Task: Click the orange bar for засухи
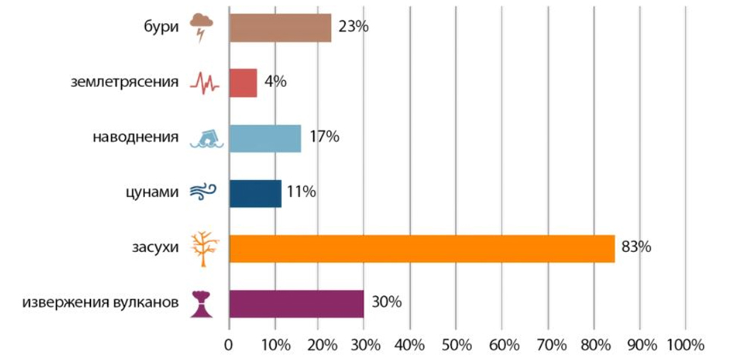pos(422,248)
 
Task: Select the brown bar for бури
pos(280,28)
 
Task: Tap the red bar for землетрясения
pos(243,83)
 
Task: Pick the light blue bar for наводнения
pos(265,138)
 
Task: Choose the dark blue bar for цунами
pos(255,193)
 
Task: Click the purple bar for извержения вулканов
pos(296,303)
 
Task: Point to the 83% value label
pos(636,247)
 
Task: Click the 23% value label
pos(353,27)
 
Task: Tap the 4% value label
pos(274,82)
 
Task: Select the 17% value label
pos(324,137)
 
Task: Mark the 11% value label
pos(301,192)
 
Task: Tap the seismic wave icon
pos(205,83)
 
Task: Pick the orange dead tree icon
pos(202,248)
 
